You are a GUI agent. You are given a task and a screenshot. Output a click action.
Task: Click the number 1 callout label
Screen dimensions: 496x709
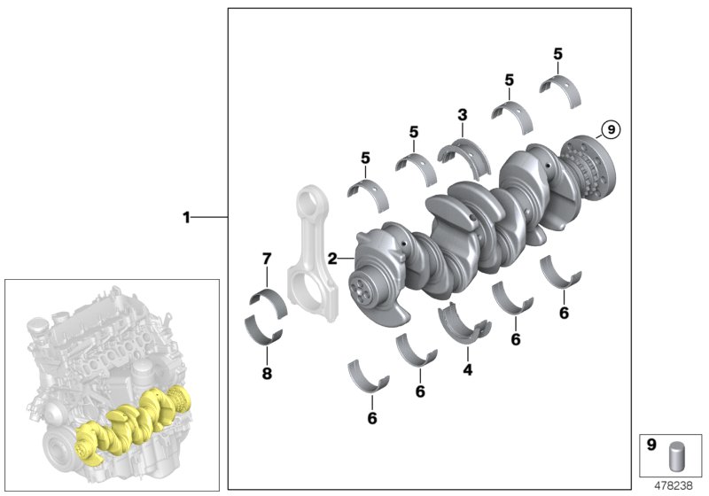click(186, 217)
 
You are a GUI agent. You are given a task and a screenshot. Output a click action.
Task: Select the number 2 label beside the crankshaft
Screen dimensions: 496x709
click(332, 259)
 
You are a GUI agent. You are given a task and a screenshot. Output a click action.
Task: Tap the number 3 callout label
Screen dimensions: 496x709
click(462, 115)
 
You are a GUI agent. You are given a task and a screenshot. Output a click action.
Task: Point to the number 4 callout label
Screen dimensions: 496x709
click(468, 368)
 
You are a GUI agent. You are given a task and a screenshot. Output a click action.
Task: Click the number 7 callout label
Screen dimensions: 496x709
click(265, 259)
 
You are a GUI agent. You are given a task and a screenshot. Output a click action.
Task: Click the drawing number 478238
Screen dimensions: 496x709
click(674, 485)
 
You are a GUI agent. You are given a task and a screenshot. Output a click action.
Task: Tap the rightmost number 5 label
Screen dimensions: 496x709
click(557, 54)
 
